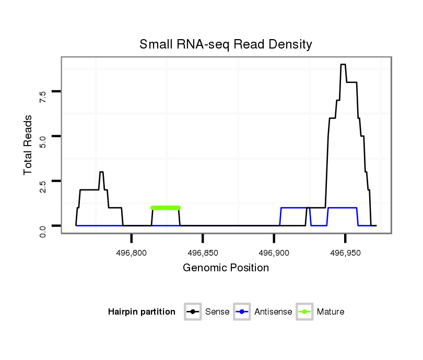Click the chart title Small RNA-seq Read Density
226,44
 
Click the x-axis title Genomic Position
226,268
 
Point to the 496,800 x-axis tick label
132,253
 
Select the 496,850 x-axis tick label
203,253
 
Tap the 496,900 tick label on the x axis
274,253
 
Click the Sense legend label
217,312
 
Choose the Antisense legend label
273,312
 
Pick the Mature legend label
331,312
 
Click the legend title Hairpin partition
142,312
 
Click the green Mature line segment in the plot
165,208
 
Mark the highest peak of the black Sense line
343,65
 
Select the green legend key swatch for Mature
304,312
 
